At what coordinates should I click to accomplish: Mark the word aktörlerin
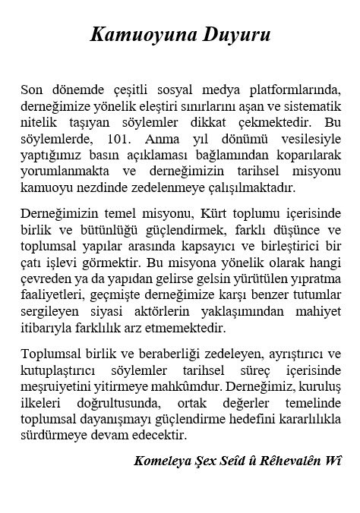pyautogui.click(x=149, y=312)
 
